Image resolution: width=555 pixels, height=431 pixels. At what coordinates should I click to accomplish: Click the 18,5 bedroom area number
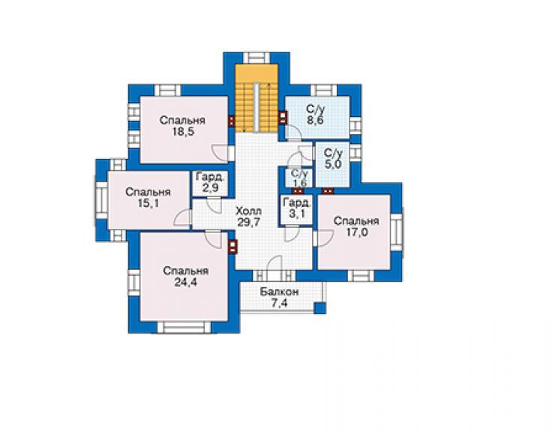(183, 132)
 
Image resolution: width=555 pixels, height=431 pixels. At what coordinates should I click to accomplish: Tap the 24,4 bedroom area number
(185, 283)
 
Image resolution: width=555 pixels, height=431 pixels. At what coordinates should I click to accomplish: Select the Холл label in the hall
(248, 211)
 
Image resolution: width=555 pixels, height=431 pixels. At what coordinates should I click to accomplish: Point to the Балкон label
(279, 292)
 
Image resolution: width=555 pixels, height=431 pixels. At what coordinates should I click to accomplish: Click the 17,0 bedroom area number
(357, 232)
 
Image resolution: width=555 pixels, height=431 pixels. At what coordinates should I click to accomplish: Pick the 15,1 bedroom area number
(148, 203)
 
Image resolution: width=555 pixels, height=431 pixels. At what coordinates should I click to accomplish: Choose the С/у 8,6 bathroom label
(315, 114)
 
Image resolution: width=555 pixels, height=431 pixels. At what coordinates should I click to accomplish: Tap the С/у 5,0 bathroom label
(333, 159)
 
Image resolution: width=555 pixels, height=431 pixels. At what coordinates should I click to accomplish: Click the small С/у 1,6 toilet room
(299, 178)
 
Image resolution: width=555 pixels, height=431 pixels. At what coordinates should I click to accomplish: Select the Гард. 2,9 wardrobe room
(210, 182)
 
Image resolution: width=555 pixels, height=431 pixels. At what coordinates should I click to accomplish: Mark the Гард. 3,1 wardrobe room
(297, 209)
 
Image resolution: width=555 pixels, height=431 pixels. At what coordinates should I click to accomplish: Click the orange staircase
(257, 98)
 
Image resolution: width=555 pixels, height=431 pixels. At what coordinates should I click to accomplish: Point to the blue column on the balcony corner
(320, 307)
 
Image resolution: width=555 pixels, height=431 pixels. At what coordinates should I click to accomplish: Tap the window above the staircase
(256, 58)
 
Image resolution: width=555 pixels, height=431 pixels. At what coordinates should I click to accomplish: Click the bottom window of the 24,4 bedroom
(184, 327)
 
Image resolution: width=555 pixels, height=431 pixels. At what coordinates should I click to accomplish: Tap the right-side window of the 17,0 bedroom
(397, 232)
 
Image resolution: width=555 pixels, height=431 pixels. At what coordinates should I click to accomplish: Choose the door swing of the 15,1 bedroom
(182, 218)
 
